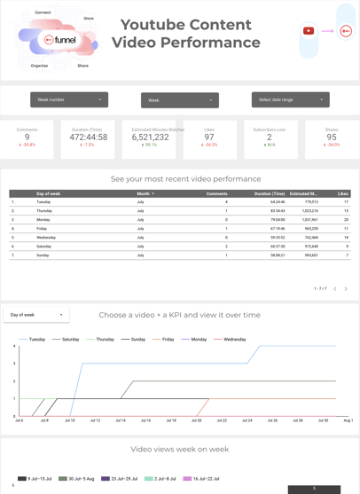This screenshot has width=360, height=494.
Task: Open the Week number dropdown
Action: pyautogui.click(x=69, y=100)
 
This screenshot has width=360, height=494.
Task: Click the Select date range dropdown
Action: pyautogui.click(x=290, y=100)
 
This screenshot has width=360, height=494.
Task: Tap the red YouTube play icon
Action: pyautogui.click(x=309, y=31)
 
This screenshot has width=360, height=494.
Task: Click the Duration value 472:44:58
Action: pyautogui.click(x=88, y=137)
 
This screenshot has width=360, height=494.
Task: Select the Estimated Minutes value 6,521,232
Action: pyautogui.click(x=151, y=137)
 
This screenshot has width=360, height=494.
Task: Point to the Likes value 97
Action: pyautogui.click(x=209, y=137)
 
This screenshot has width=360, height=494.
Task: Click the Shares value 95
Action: pyautogui.click(x=332, y=137)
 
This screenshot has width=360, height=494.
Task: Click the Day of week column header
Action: pyautogui.click(x=49, y=193)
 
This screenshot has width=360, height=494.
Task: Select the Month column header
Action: pyautogui.click(x=144, y=193)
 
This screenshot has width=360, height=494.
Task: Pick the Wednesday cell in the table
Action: pyautogui.click(x=46, y=238)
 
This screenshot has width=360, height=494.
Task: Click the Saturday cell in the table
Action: pyautogui.click(x=44, y=247)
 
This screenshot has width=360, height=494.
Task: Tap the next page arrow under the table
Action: pyautogui.click(x=346, y=288)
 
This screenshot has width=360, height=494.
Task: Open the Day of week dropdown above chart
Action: pyautogui.click(x=36, y=315)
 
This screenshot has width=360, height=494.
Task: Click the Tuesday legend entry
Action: pyautogui.click(x=36, y=339)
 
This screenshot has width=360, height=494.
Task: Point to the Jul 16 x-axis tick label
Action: pyautogui.click(x=145, y=420)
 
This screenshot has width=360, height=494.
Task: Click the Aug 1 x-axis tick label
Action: pyautogui.click(x=348, y=420)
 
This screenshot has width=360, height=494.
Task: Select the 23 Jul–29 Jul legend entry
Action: pyautogui.click(x=122, y=479)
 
